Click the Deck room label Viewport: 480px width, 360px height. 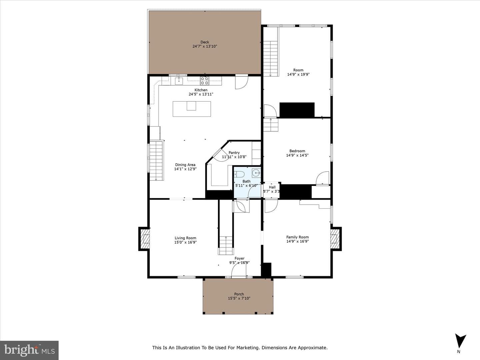205,42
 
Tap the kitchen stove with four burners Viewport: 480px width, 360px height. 205,81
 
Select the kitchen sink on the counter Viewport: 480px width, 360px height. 179,81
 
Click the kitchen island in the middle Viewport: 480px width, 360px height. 192,109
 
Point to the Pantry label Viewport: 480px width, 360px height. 234,153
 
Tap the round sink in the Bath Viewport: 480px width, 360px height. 256,173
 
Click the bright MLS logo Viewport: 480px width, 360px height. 29,350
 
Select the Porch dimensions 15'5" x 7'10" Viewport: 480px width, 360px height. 239,298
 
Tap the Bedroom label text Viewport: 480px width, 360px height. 297,151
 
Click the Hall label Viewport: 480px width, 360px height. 272,187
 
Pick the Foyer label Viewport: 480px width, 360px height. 239,258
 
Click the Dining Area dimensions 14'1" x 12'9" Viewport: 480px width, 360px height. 185,169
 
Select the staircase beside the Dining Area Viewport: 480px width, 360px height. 156,161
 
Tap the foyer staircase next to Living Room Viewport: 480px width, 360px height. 226,245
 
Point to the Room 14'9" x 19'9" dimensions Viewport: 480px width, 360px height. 298,74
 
